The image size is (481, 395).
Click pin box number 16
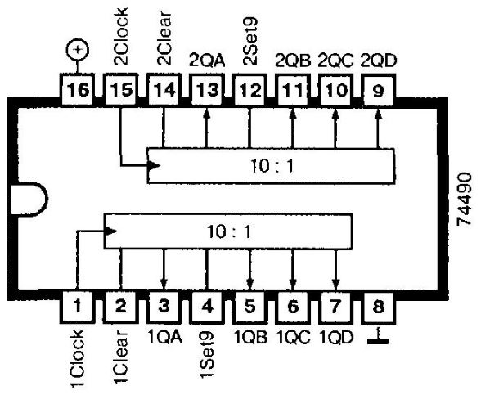78,89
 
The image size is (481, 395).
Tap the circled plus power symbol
78,49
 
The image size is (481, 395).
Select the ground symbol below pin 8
378,337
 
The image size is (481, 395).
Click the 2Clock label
121,37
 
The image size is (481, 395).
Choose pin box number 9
378,91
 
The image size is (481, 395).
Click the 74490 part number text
463,200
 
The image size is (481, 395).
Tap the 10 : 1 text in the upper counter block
272,166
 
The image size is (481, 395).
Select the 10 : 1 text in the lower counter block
229,231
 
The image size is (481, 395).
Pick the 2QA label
207,61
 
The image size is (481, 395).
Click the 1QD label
336,337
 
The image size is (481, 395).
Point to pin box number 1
77,306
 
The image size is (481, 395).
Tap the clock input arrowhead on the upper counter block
154,166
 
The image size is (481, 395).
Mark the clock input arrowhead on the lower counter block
110,231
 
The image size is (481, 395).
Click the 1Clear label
120,357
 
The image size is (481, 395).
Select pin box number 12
250,90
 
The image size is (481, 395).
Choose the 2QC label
335,61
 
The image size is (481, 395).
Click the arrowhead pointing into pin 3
164,285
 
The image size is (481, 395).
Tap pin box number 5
250,306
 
